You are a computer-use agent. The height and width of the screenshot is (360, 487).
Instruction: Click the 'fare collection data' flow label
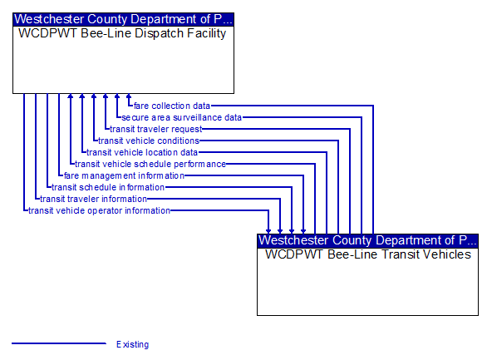[172, 106]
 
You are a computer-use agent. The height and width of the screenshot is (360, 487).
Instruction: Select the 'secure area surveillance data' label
[182, 117]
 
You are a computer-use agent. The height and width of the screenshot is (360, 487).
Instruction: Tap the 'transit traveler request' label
[156, 129]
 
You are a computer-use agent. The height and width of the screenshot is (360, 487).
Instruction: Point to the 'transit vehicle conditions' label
[149, 141]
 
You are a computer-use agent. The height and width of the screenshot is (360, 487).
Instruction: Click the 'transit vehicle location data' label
[142, 152]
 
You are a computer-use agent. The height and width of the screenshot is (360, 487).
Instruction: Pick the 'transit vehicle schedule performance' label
[150, 164]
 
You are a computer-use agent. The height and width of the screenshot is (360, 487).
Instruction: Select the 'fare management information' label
[124, 175]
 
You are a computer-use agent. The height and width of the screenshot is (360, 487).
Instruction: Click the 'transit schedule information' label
[108, 187]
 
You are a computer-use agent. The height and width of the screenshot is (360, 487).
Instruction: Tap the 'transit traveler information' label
[93, 199]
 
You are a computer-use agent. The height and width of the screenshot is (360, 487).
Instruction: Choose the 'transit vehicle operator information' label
[100, 210]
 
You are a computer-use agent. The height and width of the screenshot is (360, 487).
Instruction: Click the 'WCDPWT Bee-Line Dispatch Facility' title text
[122, 33]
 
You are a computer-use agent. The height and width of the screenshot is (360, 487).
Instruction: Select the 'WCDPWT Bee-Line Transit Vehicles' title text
[368, 254]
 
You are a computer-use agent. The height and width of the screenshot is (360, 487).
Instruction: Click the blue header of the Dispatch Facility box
[123, 19]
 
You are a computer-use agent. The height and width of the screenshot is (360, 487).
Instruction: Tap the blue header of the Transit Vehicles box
[367, 241]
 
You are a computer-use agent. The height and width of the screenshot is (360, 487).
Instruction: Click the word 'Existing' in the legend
[133, 344]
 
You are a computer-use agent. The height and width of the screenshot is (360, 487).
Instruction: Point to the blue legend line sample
[59, 343]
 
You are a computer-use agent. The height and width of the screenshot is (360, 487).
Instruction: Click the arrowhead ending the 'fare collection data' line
[129, 96]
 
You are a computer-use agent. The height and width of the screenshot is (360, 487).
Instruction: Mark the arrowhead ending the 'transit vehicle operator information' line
[268, 232]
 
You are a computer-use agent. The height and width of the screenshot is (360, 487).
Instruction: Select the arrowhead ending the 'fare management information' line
[303, 232]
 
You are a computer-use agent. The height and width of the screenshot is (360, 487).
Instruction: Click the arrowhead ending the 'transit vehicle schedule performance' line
[71, 96]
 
